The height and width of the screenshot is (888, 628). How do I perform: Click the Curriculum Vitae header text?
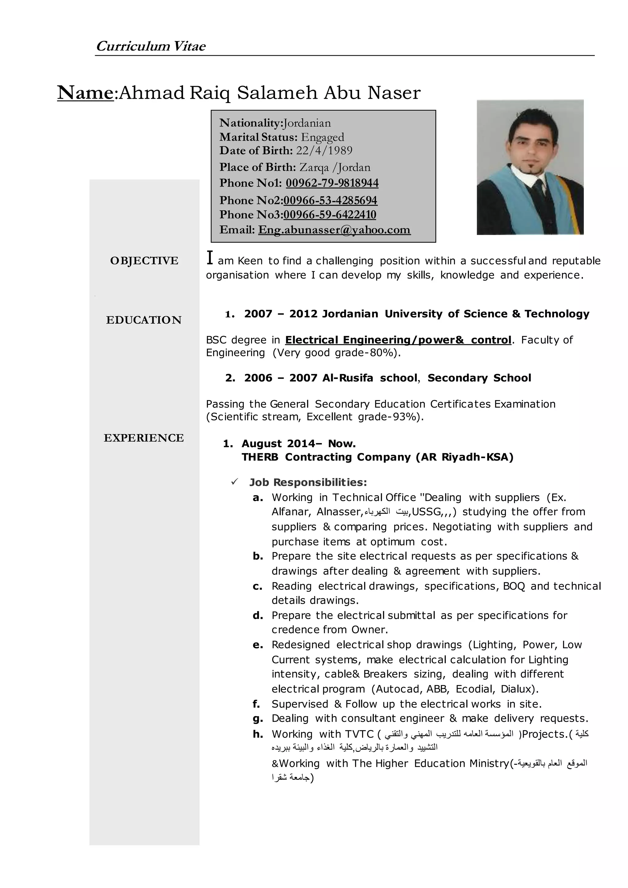[151, 46]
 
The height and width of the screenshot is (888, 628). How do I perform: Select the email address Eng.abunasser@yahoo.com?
[334, 230]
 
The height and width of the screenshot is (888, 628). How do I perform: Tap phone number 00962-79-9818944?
[332, 183]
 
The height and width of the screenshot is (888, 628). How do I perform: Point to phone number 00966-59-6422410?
[329, 215]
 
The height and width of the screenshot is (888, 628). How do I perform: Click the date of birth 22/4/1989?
[324, 151]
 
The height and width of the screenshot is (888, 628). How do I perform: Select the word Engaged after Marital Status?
[323, 137]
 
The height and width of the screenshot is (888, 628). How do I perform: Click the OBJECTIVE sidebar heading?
[144, 261]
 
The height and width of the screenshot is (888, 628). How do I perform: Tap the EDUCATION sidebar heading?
[144, 320]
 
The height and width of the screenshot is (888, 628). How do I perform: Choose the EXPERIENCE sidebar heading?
[144, 438]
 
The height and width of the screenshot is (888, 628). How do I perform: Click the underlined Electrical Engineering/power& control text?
[398, 340]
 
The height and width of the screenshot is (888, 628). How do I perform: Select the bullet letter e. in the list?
[258, 645]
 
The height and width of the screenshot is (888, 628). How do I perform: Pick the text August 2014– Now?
[299, 444]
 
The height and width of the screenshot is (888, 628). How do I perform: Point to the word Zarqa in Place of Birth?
[314, 167]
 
